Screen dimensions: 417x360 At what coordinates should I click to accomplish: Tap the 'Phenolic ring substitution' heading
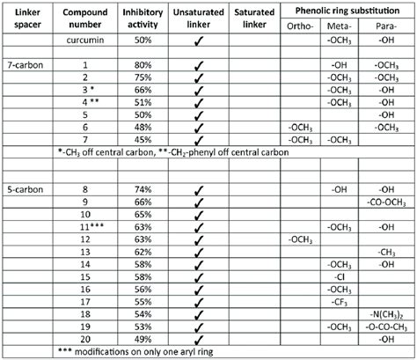coord(349,11)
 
